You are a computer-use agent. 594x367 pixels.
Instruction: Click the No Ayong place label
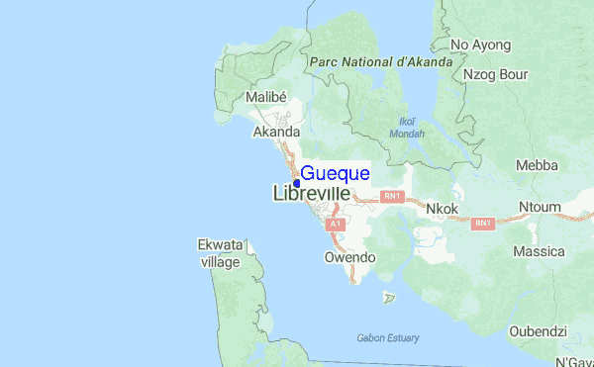point(480,45)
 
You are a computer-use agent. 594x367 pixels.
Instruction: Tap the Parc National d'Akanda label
point(380,61)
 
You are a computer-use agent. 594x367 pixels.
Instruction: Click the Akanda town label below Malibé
point(276,132)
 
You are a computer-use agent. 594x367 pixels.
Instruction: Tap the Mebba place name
point(537,165)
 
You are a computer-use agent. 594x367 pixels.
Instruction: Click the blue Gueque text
point(336,174)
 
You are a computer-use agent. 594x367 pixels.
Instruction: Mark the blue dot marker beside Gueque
point(296,183)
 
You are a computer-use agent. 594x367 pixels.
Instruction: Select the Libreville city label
point(311,194)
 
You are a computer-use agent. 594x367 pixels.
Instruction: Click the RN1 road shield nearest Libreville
point(393,198)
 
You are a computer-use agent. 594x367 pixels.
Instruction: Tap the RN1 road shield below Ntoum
point(483,224)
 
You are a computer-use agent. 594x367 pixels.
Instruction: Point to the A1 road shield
point(336,225)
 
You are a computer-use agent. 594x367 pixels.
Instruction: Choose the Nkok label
point(442,210)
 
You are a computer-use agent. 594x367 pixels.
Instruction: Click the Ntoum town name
point(540,207)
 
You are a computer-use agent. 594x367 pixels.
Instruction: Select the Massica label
point(539,252)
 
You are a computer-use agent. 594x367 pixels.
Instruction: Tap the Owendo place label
point(350,257)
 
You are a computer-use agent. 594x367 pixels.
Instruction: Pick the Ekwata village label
point(220,253)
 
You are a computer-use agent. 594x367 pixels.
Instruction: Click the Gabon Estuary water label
point(387,338)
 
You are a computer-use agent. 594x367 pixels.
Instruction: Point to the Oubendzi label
point(538,331)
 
